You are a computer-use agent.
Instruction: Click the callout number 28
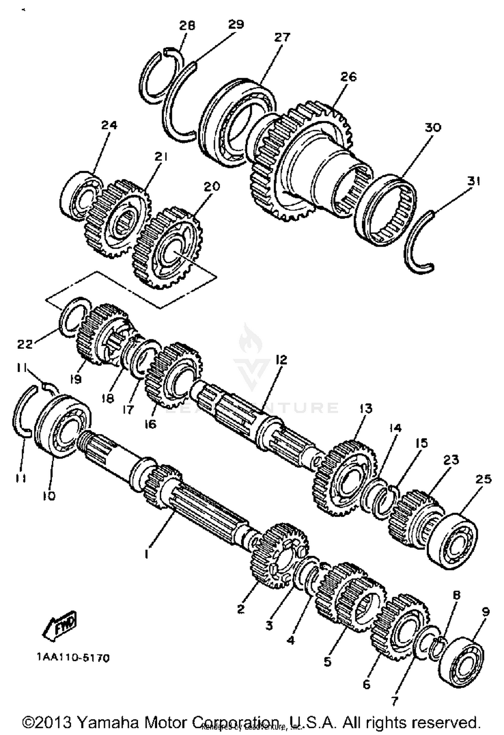[187, 26]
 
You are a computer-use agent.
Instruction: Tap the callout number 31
[474, 182]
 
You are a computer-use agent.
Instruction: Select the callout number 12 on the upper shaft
[282, 360]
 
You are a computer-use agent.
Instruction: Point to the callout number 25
[484, 479]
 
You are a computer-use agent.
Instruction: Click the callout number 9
[486, 611]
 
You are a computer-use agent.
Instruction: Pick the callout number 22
[25, 344]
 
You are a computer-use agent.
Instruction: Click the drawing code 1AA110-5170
[73, 658]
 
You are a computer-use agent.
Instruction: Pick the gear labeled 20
[168, 247]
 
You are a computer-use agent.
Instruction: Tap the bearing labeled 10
[62, 426]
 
